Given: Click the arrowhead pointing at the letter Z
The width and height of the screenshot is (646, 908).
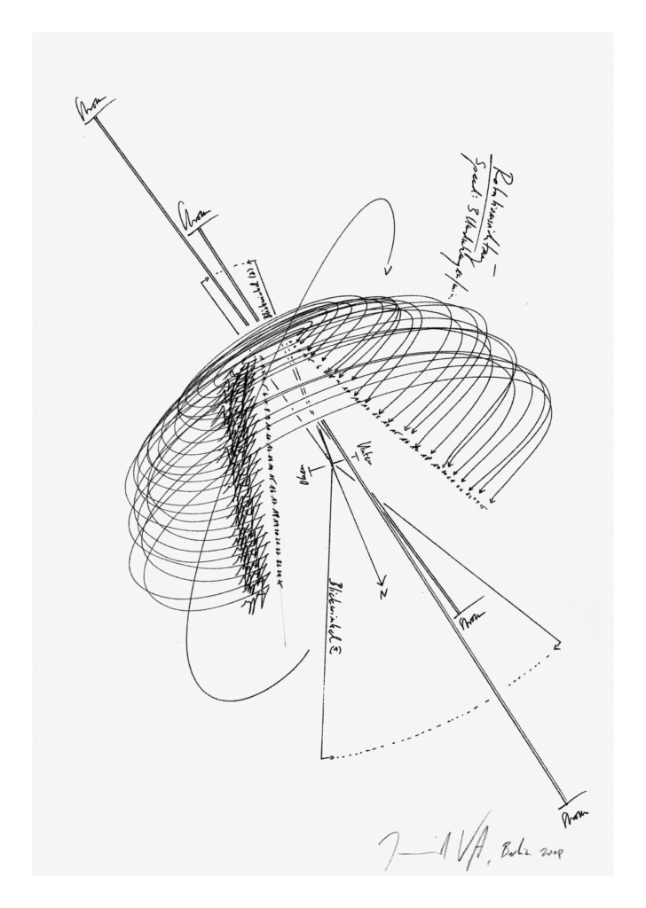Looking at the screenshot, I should pos(376,576).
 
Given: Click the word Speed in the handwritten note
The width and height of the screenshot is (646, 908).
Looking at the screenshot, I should pos(470,178).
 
